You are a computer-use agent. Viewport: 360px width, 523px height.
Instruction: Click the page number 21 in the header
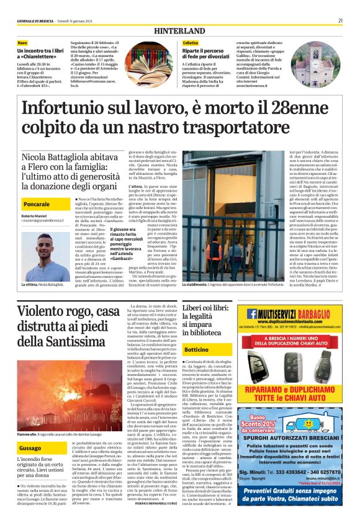(x=340, y=20)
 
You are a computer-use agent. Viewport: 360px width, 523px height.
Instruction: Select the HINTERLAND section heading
(x=180, y=30)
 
